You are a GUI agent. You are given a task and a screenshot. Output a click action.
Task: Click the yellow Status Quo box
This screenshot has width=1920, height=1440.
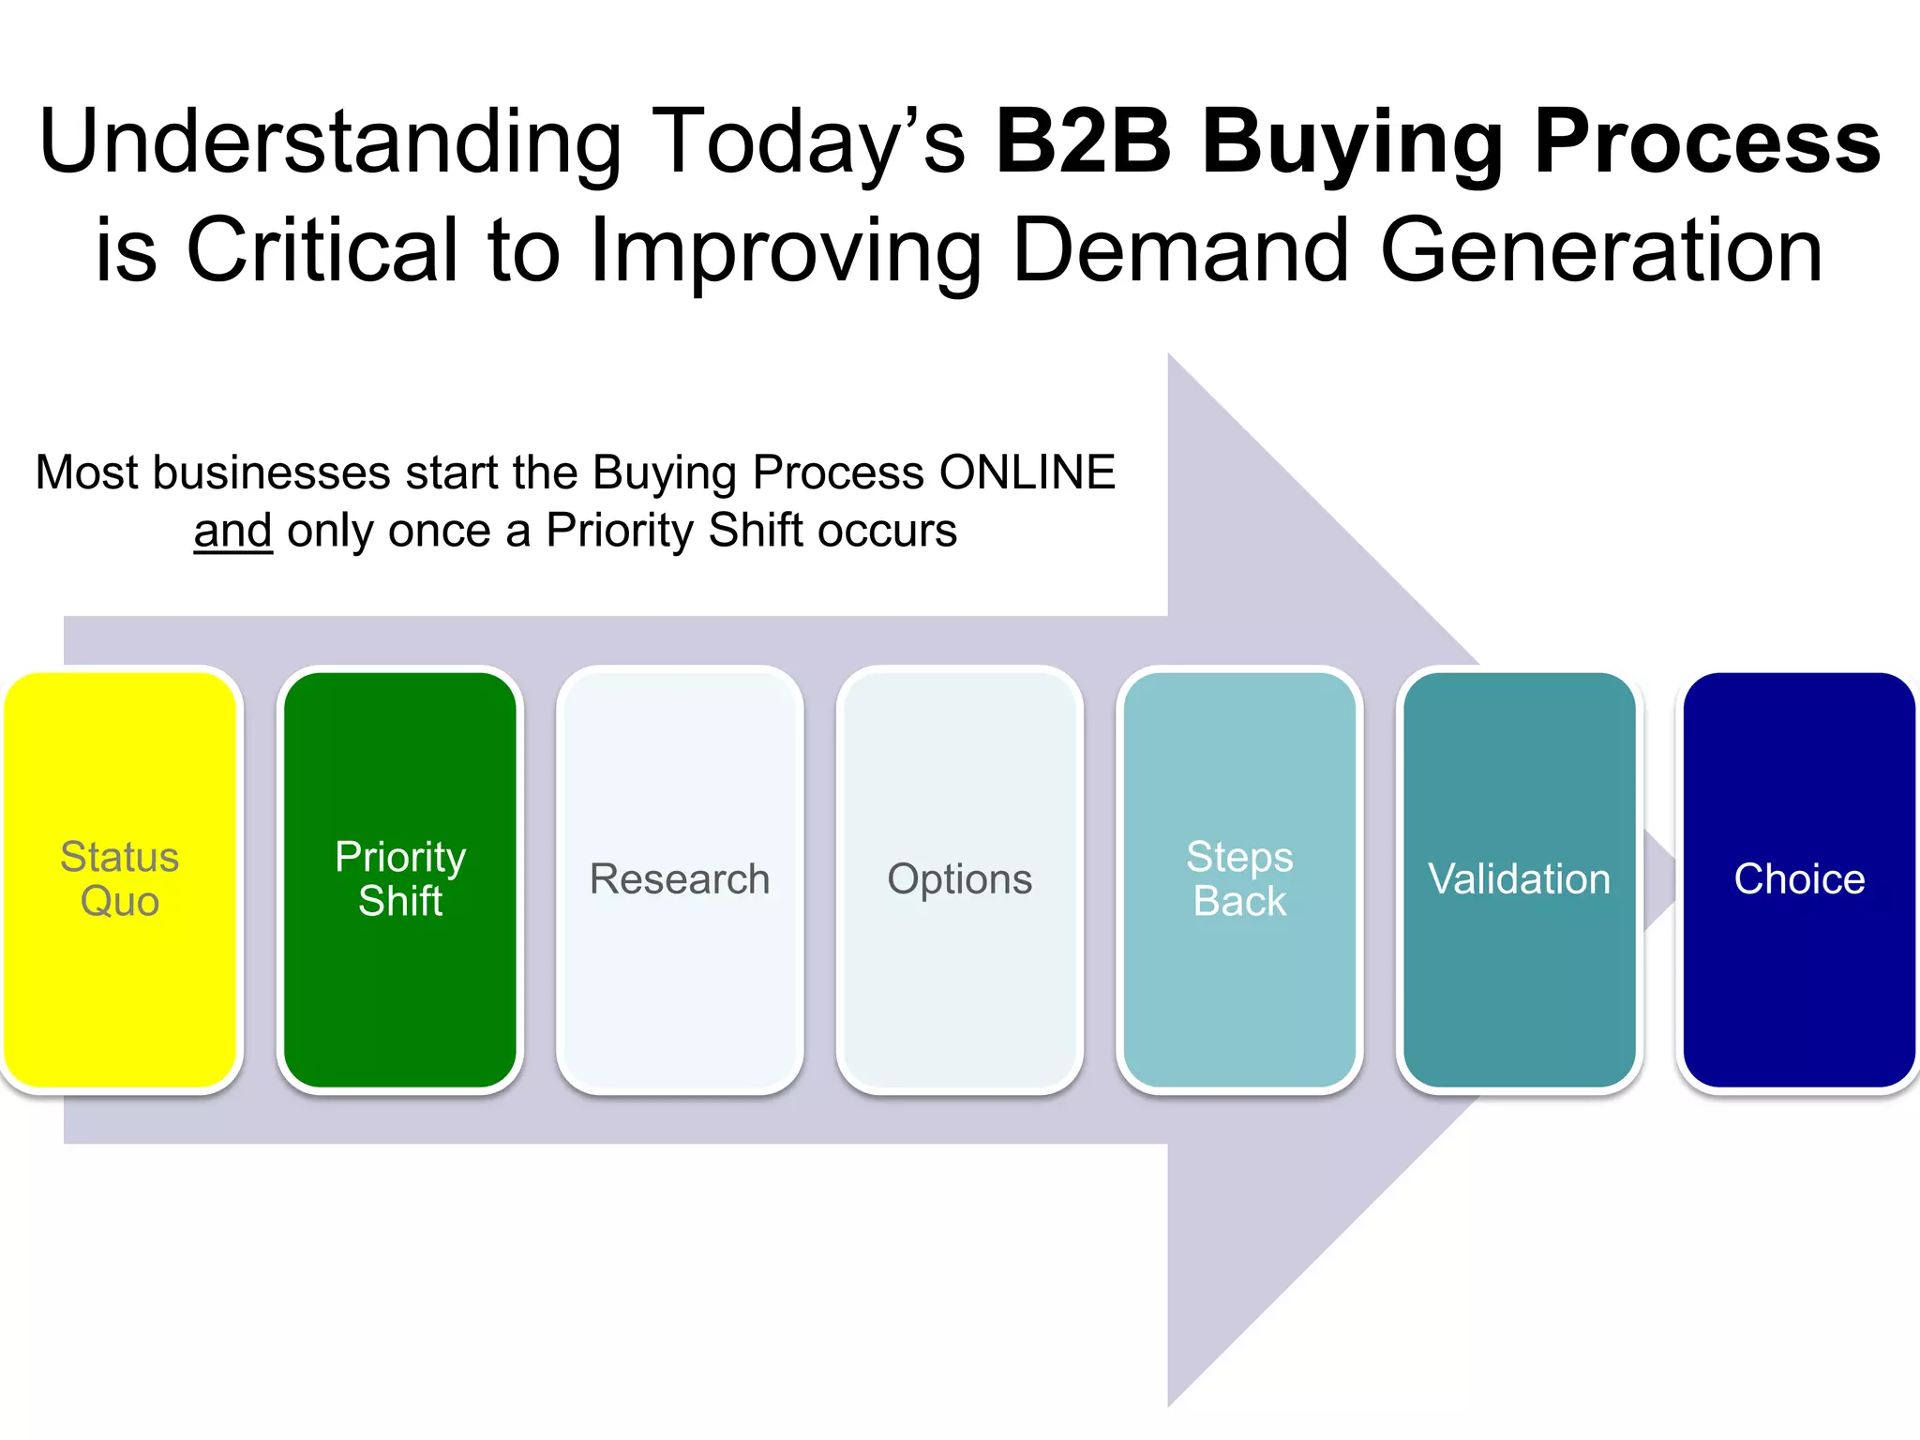coord(119,878)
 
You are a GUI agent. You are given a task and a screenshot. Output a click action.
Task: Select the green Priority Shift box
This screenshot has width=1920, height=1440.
coord(400,878)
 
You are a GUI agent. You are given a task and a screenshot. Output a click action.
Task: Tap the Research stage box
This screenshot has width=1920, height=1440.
coord(680,878)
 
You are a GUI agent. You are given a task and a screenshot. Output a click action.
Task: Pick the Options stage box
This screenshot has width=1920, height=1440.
coord(959,878)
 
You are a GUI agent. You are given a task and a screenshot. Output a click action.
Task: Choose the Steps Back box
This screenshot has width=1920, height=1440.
coord(1239,878)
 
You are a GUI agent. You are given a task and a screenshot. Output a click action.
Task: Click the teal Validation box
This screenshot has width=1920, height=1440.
coord(1519,878)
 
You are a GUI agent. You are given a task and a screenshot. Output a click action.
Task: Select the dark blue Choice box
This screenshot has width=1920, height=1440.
coord(1799,878)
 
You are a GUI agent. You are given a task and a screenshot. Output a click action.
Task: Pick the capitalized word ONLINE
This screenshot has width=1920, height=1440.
coord(1027,472)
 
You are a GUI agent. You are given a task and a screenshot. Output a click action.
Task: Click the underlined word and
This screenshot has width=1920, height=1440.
coord(232,531)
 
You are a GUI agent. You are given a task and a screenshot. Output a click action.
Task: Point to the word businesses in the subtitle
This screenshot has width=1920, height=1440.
coord(271,472)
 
